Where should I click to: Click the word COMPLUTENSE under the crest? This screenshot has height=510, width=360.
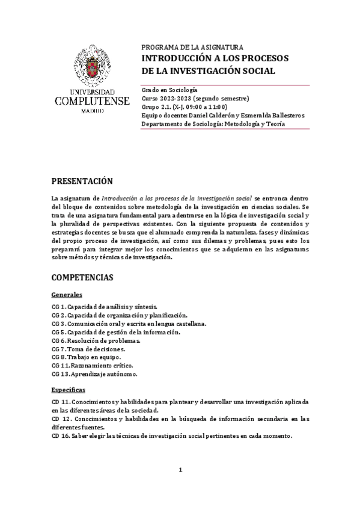(91, 101)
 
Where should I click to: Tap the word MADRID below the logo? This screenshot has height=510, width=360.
(91, 112)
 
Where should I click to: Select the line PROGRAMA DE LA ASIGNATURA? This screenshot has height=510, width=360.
(192, 47)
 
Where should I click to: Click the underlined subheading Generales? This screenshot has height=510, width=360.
(67, 295)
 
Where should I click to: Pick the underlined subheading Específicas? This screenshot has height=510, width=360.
(69, 389)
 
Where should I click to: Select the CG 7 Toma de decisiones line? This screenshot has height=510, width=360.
(88, 348)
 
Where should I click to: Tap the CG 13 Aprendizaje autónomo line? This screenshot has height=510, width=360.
(94, 373)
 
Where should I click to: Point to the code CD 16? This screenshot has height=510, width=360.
(61, 436)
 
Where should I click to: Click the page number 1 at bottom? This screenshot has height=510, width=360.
(180, 470)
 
